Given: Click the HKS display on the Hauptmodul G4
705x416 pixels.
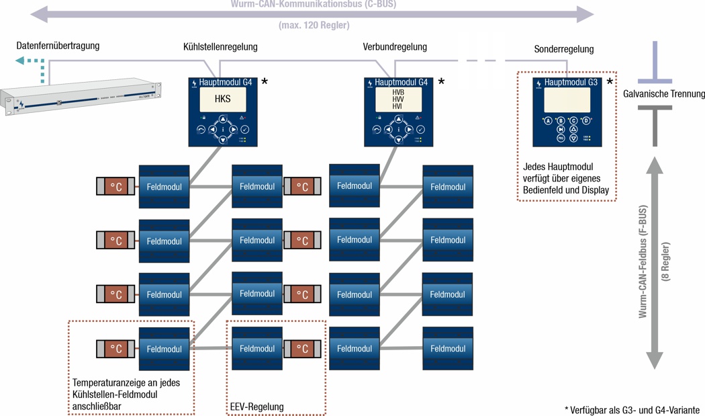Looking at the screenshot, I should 222,99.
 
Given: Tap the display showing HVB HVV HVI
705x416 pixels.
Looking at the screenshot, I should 398,99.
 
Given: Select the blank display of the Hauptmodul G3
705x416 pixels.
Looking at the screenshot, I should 567,100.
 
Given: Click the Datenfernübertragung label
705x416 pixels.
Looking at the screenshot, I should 58,46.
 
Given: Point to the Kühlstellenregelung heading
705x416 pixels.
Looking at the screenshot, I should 220,47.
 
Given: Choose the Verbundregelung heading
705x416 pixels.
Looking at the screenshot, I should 395,47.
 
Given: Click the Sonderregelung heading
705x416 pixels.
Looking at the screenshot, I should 564,49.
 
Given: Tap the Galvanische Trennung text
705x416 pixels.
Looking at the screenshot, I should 664,94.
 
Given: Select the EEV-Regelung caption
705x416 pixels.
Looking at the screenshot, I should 256,407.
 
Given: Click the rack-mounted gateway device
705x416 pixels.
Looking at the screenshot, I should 81,98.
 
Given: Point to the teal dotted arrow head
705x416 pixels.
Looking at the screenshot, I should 21,61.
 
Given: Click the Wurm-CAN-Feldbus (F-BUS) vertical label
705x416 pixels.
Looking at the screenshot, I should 643,261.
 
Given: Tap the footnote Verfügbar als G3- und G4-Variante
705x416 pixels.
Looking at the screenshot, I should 632,410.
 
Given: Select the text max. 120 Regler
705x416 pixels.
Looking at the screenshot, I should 314,26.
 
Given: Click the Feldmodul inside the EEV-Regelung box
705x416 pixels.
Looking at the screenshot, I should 256,349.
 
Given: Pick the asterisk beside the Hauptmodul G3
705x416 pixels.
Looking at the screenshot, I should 610,82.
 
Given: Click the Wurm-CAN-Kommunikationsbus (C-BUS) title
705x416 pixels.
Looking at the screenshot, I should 314,4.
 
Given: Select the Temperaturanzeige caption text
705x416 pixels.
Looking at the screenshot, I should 126,394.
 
